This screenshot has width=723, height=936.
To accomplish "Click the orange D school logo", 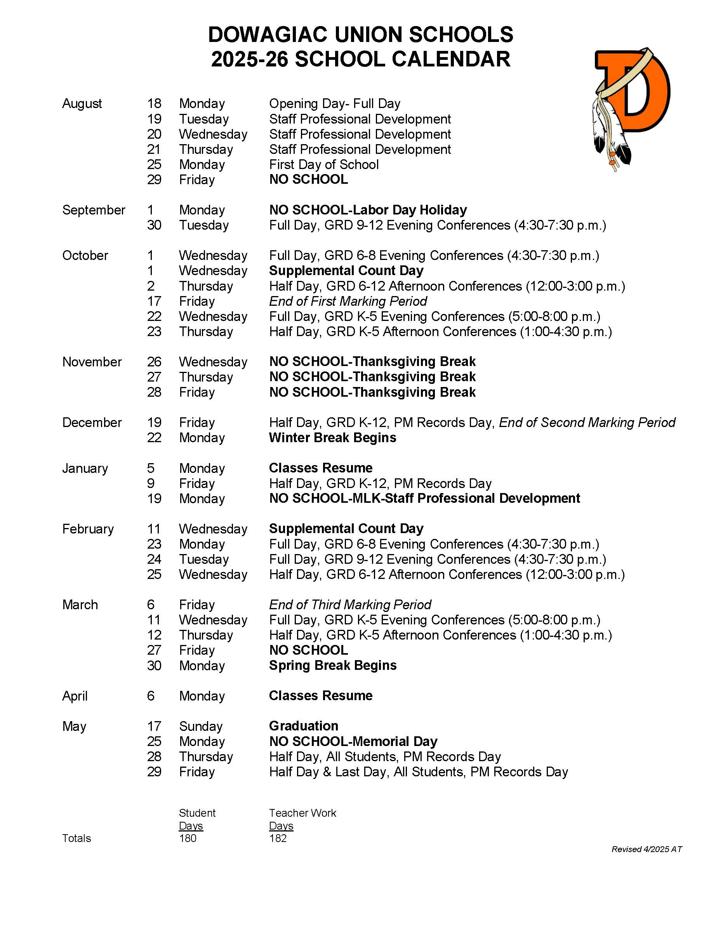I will click(632, 107).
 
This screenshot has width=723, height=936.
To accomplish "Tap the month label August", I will click(82, 104).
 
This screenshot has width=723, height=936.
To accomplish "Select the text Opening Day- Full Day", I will click(335, 104).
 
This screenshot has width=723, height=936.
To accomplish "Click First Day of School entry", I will click(324, 165).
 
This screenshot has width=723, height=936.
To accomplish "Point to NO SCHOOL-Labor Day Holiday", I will click(368, 210).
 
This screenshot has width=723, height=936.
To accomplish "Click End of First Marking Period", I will click(348, 301).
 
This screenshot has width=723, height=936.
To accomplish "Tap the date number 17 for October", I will click(154, 301).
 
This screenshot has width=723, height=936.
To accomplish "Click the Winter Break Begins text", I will click(332, 437).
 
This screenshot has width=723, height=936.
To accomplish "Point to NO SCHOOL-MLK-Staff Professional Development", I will click(424, 499).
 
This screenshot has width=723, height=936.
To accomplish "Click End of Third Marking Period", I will click(350, 605).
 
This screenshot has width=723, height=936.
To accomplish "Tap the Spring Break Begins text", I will click(333, 665).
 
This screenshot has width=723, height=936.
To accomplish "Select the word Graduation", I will click(304, 726).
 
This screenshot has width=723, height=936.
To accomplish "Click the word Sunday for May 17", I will click(200, 727).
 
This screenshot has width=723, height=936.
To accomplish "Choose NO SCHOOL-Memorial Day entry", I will click(353, 741).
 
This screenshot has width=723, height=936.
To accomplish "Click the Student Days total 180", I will click(188, 838).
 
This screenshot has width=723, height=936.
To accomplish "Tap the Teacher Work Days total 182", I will click(278, 838).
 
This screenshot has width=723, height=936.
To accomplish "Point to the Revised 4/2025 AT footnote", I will click(647, 849).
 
